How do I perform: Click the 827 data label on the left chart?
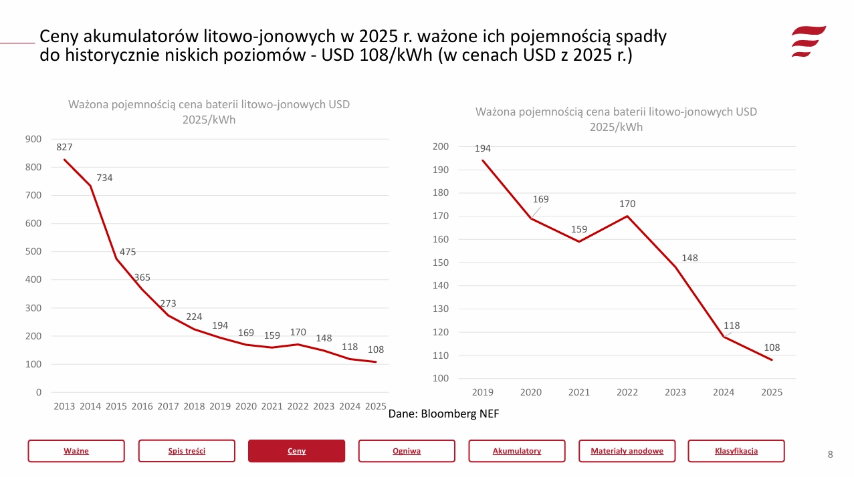pos(64,147)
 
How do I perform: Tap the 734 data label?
pos(104,178)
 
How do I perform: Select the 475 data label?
pos(128,252)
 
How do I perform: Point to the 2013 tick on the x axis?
pos(64,406)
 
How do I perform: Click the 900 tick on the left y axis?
pos(33,139)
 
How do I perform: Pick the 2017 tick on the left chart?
pos(168,406)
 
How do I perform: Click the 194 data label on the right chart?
pos(483,148)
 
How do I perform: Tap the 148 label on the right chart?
pos(689,258)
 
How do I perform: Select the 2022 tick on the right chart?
pos(627,392)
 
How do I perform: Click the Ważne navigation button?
pos(76,451)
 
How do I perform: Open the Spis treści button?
pos(187,451)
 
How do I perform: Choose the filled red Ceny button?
pos(296,451)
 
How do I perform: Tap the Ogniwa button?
pos(407,451)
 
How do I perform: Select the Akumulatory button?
pos(517,451)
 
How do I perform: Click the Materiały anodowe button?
pos(627,451)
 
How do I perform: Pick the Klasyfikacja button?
pos(736,451)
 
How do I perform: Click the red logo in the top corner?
pos(808,41)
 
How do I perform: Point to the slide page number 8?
pos(830,455)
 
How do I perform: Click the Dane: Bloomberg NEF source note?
pos(443,414)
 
